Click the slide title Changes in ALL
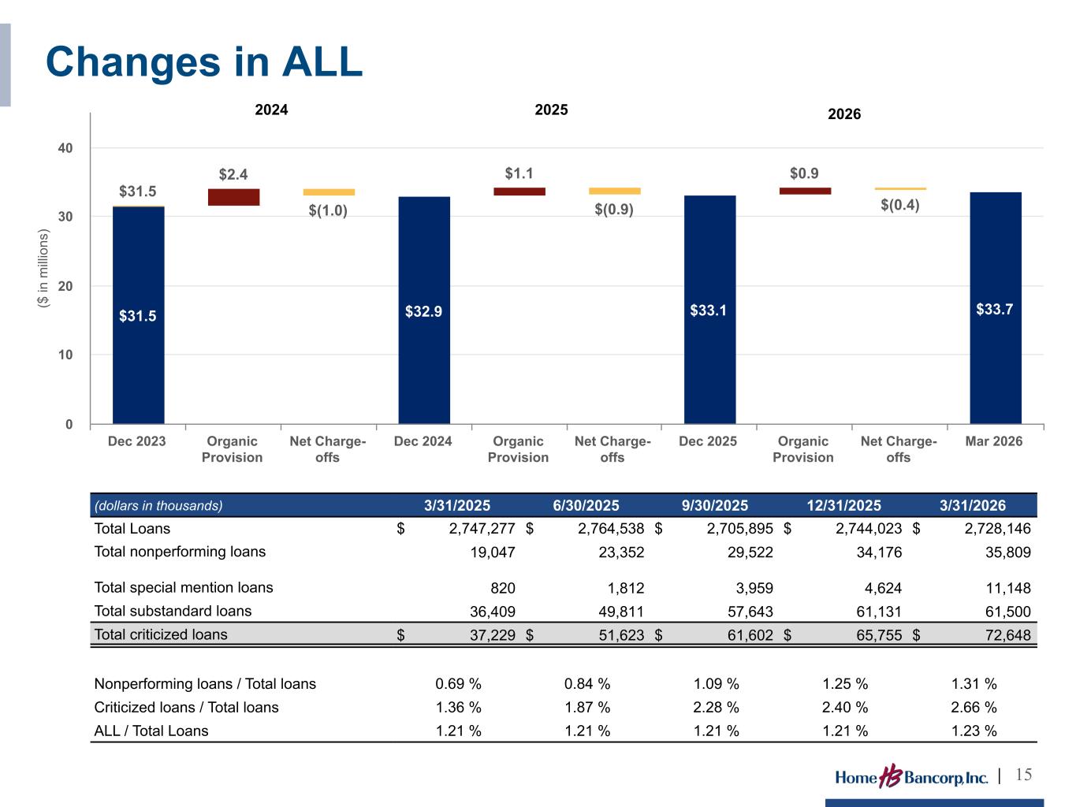pos(204,62)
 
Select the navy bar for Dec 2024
pos(424,310)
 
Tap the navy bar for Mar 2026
pos(996,307)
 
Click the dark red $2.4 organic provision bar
pos(234,197)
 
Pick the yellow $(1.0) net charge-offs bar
pos(329,192)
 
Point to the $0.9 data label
pos(804,173)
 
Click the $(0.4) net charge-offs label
pos(900,204)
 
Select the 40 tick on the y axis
pos(65,148)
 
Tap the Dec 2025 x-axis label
pos(708,441)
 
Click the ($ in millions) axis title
pos(43,268)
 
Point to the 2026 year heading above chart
pos(844,113)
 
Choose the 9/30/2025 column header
pos(715,505)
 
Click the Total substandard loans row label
pos(173,611)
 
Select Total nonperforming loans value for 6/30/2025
pos(621,552)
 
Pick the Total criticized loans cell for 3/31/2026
pos(1008,635)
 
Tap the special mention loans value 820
pos(503,588)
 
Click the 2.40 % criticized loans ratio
pos(844,707)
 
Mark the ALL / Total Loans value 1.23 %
pos(974,731)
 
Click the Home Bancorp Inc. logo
pos(911,776)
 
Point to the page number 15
pos(1023,775)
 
